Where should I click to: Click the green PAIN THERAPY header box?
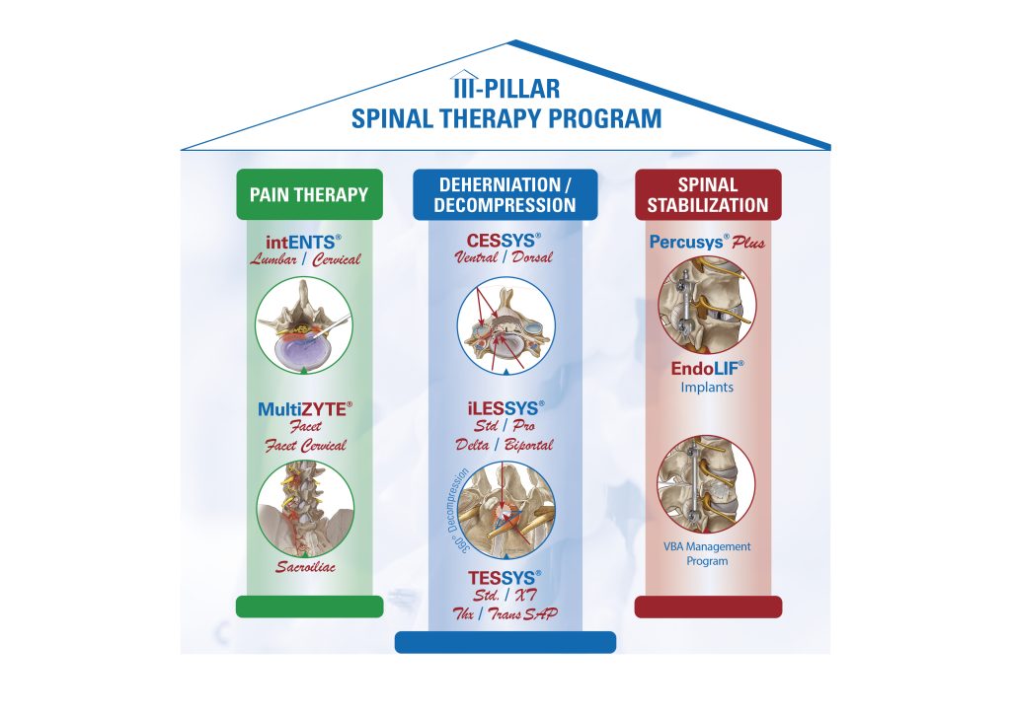[309, 194]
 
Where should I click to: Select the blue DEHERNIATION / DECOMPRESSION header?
[505, 194]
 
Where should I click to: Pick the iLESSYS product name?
[505, 407]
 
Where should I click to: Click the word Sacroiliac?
[305, 568]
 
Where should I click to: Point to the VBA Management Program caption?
[707, 553]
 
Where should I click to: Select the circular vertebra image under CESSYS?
[505, 326]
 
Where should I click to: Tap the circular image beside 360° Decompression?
[505, 508]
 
